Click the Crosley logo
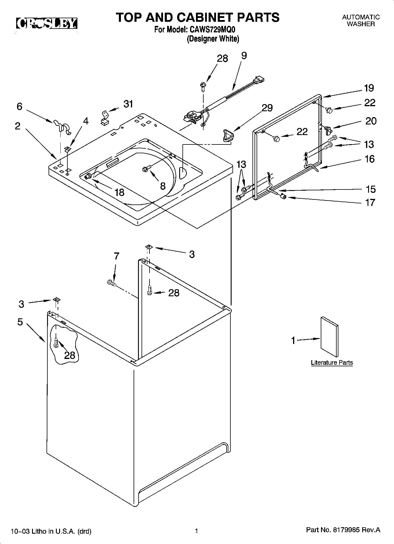pos(46,24)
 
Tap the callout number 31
pos(128,104)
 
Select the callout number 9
pos(244,56)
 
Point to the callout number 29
pos(267,108)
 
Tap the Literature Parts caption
pos(332,363)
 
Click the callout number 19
pos(369,88)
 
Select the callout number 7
pos(117,256)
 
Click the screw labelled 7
pos(112,283)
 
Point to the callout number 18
pos(119,192)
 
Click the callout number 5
pos(20,322)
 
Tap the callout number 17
pos(370,202)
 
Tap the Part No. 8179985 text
pos(343,530)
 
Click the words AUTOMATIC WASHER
pos(361,21)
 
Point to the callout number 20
pos(371,121)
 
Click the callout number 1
pos(293,340)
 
